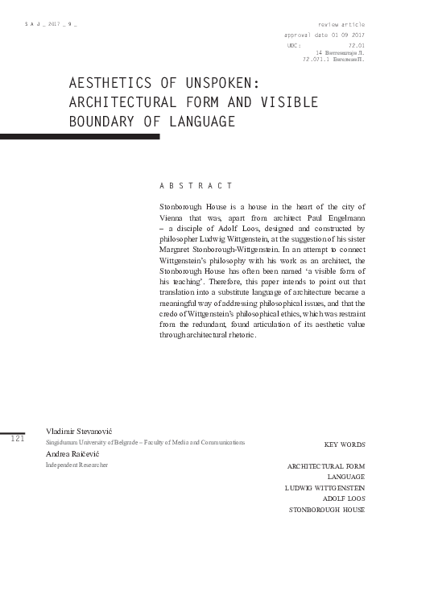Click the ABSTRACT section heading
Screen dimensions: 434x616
[196, 186]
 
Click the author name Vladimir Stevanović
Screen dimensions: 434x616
[80, 432]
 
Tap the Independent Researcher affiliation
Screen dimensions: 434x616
[76, 465]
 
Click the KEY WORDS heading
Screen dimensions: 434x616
[344, 444]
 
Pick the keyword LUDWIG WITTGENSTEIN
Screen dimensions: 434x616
[324, 488]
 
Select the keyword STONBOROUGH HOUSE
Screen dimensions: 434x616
[326, 510]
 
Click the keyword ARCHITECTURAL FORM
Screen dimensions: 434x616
[325, 466]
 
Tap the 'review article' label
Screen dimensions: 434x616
[341, 25]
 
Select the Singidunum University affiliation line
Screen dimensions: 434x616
[145, 443]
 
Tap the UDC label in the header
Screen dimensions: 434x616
[293, 46]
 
